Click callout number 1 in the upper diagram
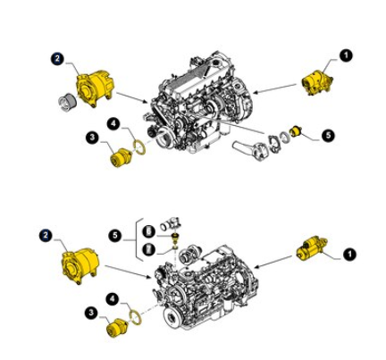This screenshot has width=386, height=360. pyautogui.click(x=346, y=55)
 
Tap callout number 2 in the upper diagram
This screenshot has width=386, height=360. pyautogui.click(x=57, y=59)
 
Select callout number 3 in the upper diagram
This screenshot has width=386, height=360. pyautogui.click(x=93, y=138)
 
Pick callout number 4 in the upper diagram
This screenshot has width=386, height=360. pyautogui.click(x=113, y=124)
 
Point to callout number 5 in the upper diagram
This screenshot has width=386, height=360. pyautogui.click(x=328, y=136)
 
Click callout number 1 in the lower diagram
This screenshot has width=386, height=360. pyautogui.click(x=349, y=255)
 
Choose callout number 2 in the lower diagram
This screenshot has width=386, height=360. pyautogui.click(x=46, y=235)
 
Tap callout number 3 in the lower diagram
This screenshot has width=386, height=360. pyautogui.click(x=91, y=313)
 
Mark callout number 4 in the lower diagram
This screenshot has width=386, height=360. pyautogui.click(x=113, y=299)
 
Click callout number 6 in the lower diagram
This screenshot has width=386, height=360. pyautogui.click(x=149, y=231)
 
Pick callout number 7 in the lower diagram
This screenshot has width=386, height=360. pyautogui.click(x=149, y=249)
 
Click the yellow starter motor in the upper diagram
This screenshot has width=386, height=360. pyautogui.click(x=317, y=82)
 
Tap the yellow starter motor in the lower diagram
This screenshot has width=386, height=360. pyautogui.click(x=312, y=248)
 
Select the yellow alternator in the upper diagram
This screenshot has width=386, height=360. pyautogui.click(x=95, y=88)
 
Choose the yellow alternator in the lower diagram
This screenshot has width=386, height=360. pyautogui.click(x=80, y=265)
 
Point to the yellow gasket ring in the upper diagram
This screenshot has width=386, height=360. pyautogui.click(x=139, y=147)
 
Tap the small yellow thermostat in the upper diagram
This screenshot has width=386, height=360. pyautogui.click(x=297, y=131)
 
